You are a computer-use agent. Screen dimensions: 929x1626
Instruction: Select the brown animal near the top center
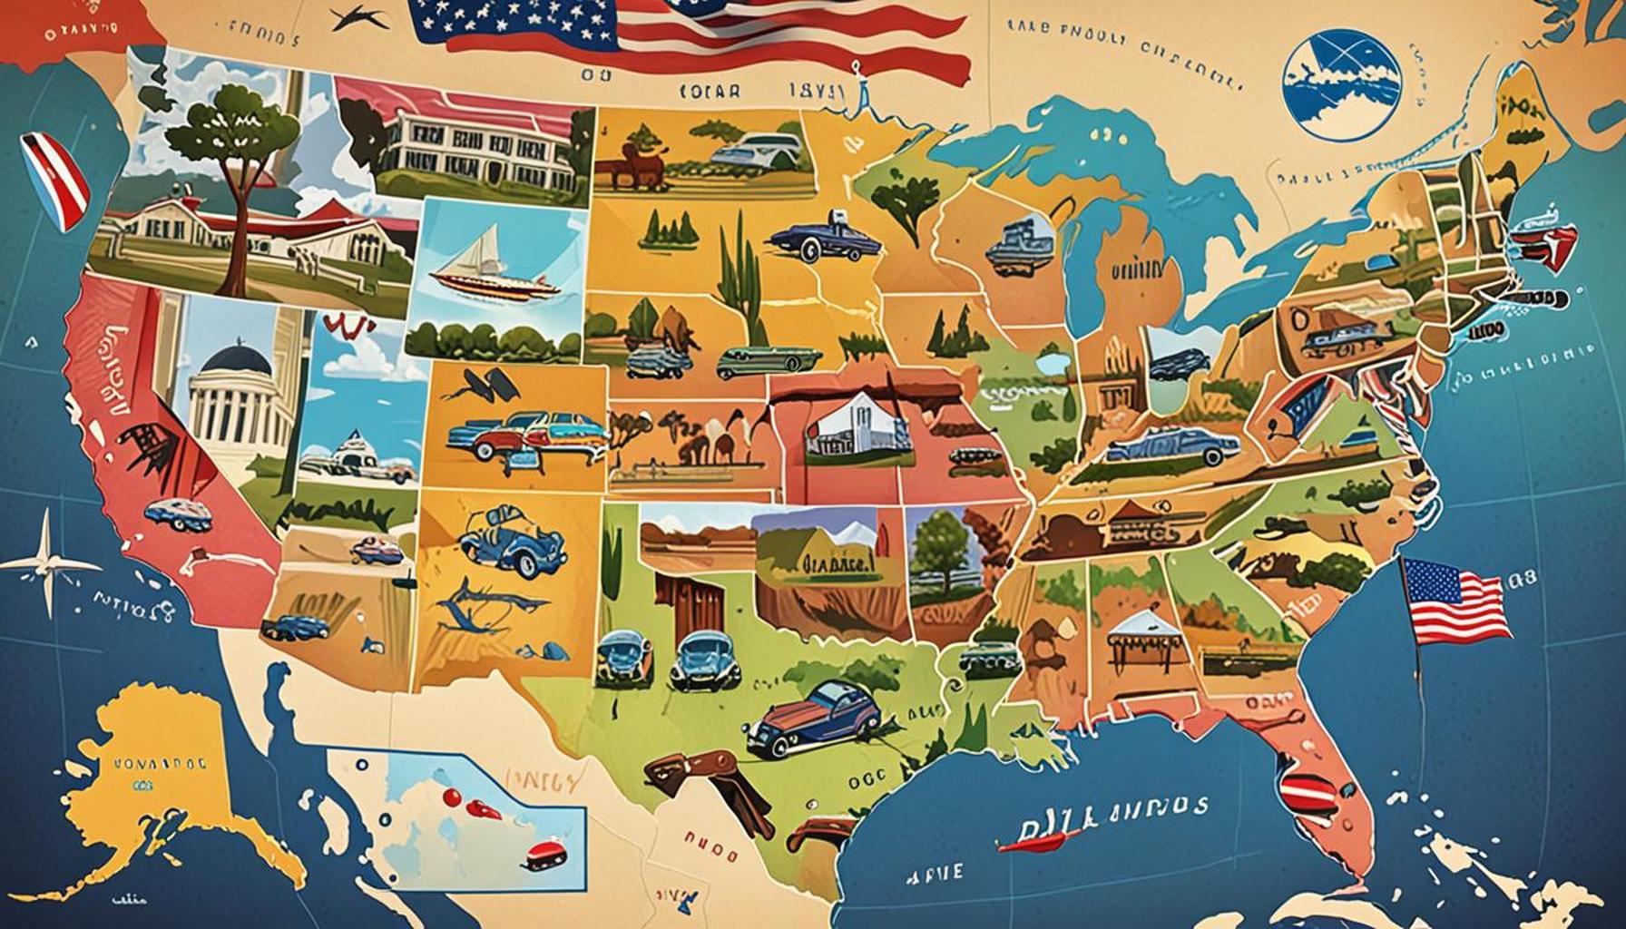point(635,170)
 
